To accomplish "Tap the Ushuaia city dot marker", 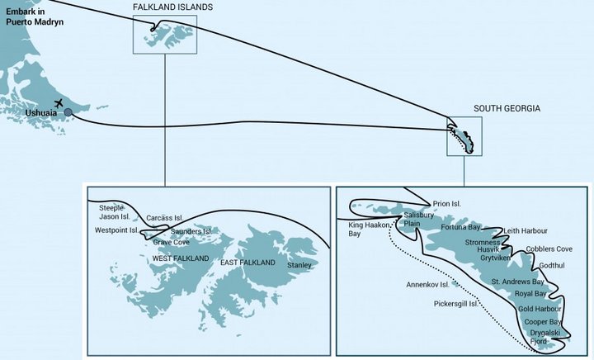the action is (68, 112).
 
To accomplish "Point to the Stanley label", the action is (299, 265).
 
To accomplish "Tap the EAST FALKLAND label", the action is (248, 263).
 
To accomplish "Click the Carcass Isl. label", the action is (164, 218).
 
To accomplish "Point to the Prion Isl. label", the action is (445, 203).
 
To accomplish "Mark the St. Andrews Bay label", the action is (518, 282).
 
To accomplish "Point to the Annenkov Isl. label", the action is (427, 284).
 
